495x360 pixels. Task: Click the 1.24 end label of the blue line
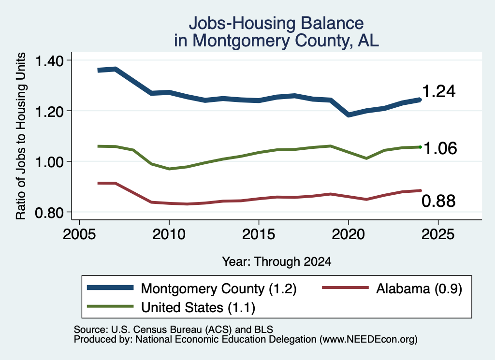click(x=438, y=91)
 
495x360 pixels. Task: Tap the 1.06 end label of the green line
click(x=440, y=148)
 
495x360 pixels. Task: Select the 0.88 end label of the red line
click(x=438, y=201)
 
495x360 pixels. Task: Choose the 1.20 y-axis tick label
click(x=49, y=111)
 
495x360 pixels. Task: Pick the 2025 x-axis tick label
click(x=438, y=234)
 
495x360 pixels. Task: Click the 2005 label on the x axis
click(x=79, y=234)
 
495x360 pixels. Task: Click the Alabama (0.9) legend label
click(x=419, y=288)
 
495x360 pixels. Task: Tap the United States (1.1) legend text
click(x=198, y=307)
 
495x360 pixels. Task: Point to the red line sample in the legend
click(x=345, y=288)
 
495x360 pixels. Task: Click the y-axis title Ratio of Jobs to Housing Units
click(x=21, y=136)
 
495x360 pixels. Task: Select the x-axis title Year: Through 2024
click(x=277, y=261)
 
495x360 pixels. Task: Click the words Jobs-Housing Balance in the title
click(x=276, y=23)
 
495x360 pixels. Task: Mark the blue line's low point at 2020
click(x=349, y=115)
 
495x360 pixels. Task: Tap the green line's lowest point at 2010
click(x=169, y=169)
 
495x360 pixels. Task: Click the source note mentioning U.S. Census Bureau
click(x=174, y=330)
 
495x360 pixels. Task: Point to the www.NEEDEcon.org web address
click(x=368, y=340)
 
